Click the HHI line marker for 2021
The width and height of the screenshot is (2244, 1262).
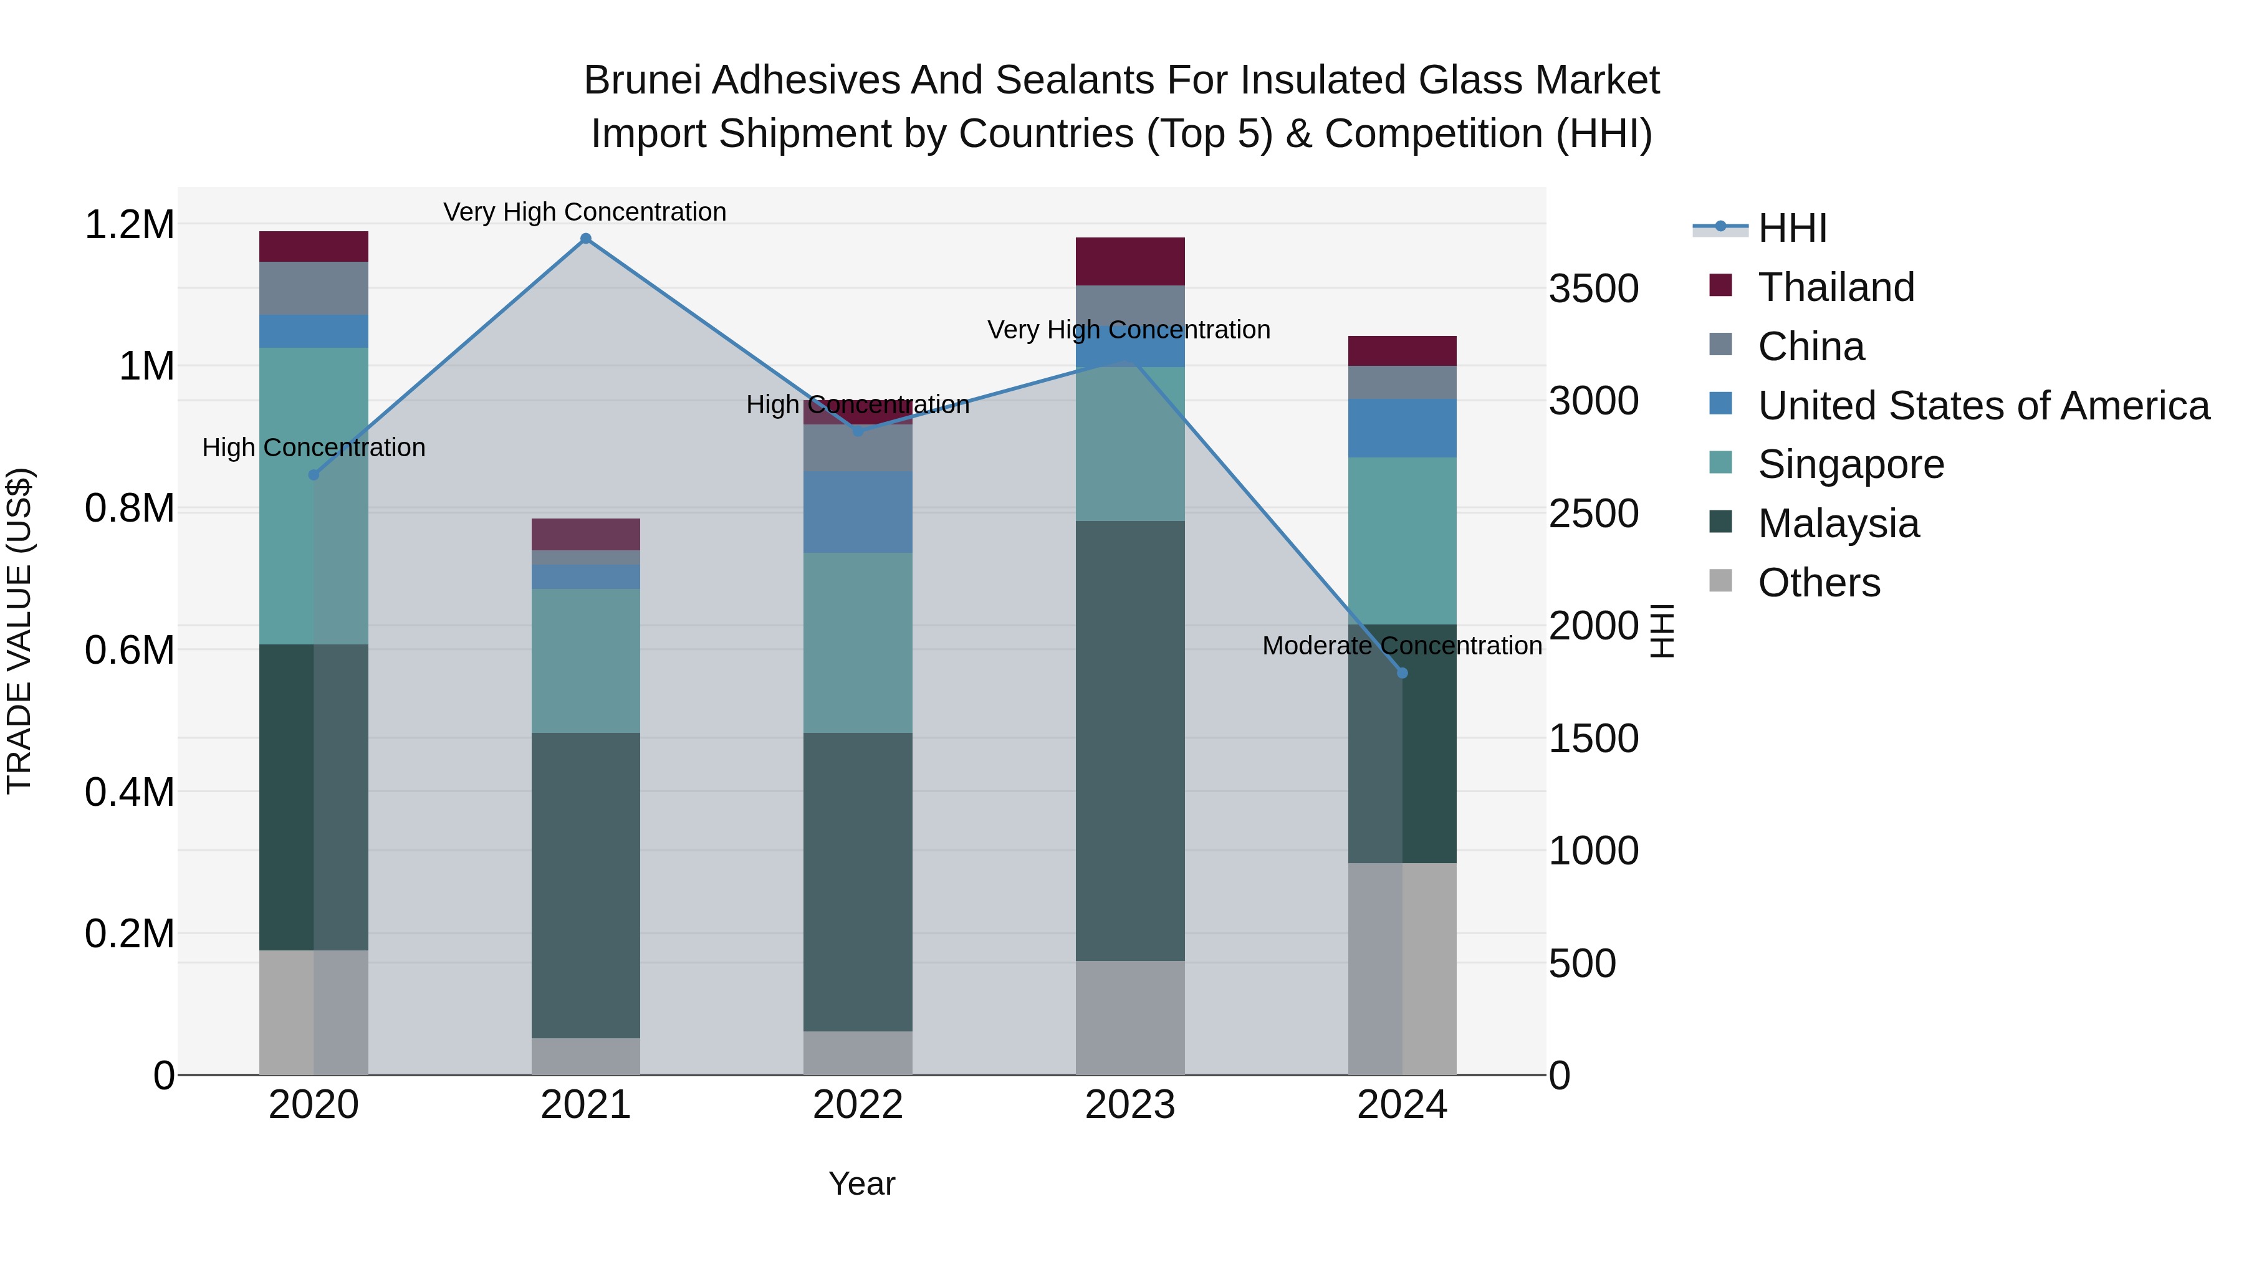click(x=585, y=239)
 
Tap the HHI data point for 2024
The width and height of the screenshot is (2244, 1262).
click(x=1402, y=673)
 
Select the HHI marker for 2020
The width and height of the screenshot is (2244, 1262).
click(x=314, y=475)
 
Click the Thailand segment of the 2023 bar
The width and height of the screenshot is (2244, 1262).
click(x=1130, y=261)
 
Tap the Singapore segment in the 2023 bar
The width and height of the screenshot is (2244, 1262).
click(x=1130, y=444)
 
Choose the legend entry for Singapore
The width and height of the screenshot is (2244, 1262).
click(x=1850, y=464)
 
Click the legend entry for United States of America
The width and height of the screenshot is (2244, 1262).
click(x=1983, y=406)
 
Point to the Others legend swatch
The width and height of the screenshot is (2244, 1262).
click(x=1720, y=581)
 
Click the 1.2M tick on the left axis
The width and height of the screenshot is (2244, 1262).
click(x=129, y=225)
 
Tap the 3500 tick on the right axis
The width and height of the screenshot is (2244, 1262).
click(x=1593, y=289)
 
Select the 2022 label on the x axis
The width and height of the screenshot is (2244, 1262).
click(x=857, y=1105)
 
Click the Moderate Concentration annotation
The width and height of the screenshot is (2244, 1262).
click(x=1402, y=646)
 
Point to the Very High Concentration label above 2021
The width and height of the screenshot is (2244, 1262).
click(x=585, y=213)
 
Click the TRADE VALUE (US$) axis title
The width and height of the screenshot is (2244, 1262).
click(x=19, y=631)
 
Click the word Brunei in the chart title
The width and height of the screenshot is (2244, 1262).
click(x=642, y=80)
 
